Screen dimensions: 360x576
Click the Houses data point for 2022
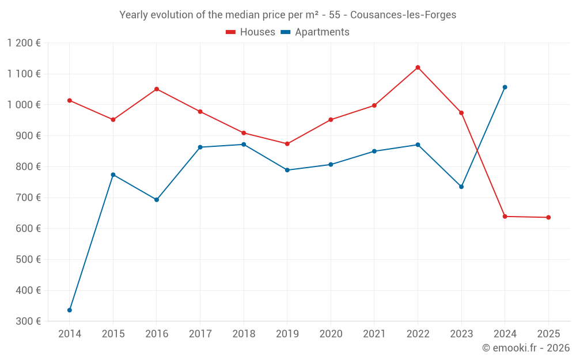point(418,67)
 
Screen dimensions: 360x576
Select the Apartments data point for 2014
point(70,310)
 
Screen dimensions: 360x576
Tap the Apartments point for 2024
point(505,87)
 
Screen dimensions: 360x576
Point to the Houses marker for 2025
point(548,217)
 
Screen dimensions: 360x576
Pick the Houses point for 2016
point(157,89)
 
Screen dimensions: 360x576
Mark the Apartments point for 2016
point(157,199)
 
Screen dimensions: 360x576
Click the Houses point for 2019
point(287,143)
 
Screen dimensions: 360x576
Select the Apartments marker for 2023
point(461,187)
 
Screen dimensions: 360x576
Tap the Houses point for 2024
point(505,216)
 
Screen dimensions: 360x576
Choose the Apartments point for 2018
point(244,144)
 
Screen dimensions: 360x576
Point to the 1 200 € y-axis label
point(24,43)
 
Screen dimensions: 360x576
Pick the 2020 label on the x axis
point(331,334)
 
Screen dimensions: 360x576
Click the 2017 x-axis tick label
point(200,334)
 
